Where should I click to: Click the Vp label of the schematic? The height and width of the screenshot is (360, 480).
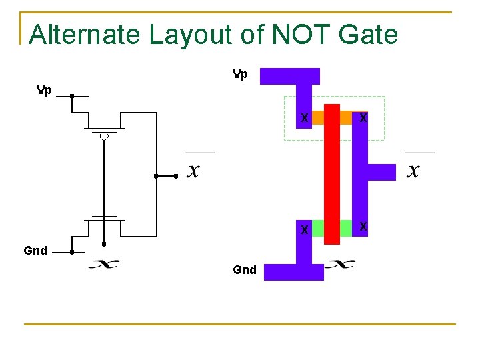pos(44,90)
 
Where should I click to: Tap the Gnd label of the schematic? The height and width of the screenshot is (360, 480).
pos(35,251)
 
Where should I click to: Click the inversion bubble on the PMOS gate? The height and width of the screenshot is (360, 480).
pos(104,137)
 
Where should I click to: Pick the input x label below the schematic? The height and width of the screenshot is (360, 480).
pos(104,264)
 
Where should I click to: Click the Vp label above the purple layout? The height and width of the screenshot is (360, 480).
pos(240,74)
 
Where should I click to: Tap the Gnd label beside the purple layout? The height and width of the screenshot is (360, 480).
pos(245,270)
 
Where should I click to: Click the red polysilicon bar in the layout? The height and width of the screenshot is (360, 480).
pos(331,173)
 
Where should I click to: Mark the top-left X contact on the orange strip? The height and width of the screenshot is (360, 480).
pos(304,118)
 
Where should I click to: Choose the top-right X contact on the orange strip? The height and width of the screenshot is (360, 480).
pos(363,118)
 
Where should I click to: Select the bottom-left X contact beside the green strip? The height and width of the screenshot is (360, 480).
pos(304,229)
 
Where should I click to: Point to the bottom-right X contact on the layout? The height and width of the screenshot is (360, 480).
pos(363,227)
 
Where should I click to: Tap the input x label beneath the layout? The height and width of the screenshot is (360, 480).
pos(340,264)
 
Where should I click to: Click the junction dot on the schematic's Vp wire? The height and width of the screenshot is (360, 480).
pos(71,96)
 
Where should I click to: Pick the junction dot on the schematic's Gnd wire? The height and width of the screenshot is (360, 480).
pos(71,253)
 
